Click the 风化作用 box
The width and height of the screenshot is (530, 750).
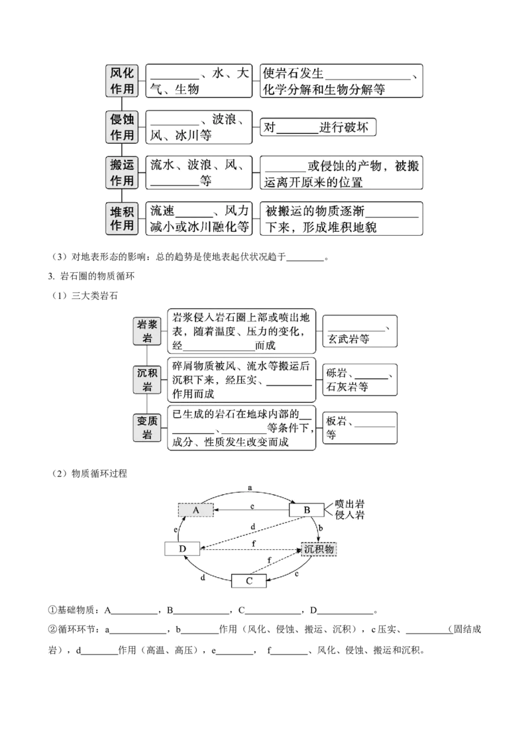[x=122, y=81]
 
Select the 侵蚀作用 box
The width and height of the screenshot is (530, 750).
[x=122, y=127]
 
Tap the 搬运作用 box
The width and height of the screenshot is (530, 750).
[x=122, y=172]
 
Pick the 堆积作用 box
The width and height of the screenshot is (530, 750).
[x=122, y=218]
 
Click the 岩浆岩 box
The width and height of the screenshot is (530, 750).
[x=147, y=331]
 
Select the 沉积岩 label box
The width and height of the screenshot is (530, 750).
[x=147, y=380]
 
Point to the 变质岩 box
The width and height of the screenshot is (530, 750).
[x=147, y=427]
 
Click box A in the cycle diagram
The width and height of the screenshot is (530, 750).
[x=195, y=510]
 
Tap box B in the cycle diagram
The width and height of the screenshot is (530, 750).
[x=307, y=510]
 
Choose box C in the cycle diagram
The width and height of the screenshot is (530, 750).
[x=248, y=580]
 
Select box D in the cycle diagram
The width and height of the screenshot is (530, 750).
[x=182, y=549]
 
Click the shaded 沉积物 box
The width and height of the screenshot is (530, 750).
[x=319, y=549]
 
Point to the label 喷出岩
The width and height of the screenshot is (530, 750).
[x=350, y=504]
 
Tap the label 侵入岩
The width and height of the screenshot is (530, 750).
[x=350, y=515]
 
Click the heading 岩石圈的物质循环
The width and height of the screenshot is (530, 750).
[x=97, y=276]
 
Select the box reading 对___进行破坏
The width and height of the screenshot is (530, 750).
[x=318, y=127]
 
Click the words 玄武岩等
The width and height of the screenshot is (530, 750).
[x=348, y=339]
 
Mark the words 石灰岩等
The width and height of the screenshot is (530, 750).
[x=347, y=387]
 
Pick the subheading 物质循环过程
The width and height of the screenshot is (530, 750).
[x=99, y=474]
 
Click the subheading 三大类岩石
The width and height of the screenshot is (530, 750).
[x=94, y=295]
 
